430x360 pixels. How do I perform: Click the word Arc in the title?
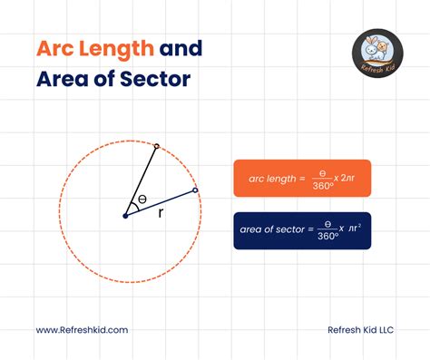point(55,48)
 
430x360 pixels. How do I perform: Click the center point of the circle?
point(125,215)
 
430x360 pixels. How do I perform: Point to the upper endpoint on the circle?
point(156,145)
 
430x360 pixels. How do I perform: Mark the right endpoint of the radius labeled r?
point(196,190)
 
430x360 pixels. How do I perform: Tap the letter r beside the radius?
point(161,213)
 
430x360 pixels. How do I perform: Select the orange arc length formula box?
point(302,179)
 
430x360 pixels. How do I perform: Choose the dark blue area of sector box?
point(302,230)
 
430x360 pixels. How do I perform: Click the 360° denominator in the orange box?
point(322,185)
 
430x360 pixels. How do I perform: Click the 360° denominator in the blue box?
point(327,237)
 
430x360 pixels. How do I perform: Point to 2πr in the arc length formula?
point(352,179)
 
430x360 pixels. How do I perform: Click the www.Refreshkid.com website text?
point(82,331)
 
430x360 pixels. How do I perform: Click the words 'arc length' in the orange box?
point(269,179)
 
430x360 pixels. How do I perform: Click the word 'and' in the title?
point(180,48)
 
